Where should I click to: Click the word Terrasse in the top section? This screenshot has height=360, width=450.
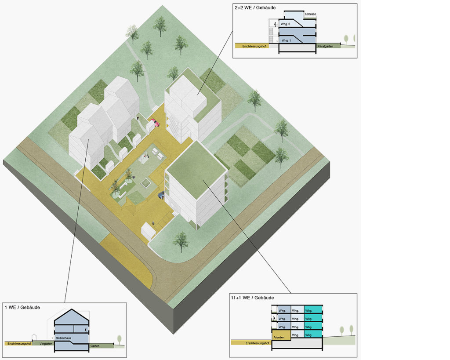pos(310,15)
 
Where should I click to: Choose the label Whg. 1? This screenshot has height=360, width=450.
pos(286,40)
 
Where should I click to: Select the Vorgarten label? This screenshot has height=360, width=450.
pos(46,343)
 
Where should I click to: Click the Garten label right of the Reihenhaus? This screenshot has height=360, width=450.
pos(95,346)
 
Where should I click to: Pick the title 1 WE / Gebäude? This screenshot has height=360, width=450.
pos(22,307)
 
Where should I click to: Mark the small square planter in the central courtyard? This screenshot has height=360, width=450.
pos(145,182)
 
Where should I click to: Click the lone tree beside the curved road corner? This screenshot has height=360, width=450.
pos(181,241)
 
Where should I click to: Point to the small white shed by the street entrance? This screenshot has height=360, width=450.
pos(148,231)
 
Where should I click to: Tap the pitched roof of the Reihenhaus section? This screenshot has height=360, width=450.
pos(72,316)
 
